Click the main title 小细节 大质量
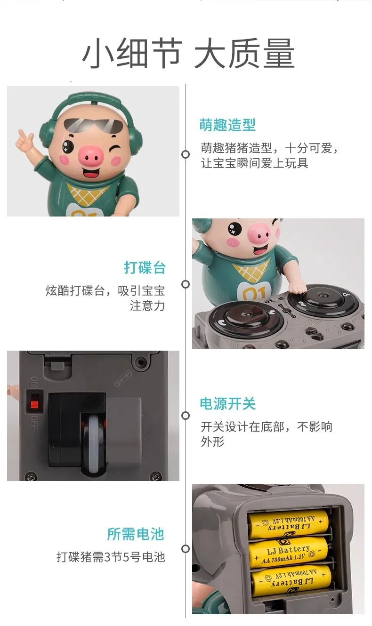pyautogui.click(x=188, y=53)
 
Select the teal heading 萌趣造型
pyautogui.click(x=227, y=125)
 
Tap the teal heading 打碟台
pyautogui.click(x=145, y=268)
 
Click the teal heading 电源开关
pyautogui.click(x=227, y=404)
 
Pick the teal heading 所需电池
pyautogui.click(x=135, y=534)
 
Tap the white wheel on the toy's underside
pyautogui.click(x=94, y=443)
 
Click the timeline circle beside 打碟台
pyautogui.click(x=186, y=284)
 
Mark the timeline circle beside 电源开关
pyautogui.click(x=186, y=416)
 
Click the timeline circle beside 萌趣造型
pyautogui.click(x=186, y=154)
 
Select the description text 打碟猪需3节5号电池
pyautogui.click(x=111, y=557)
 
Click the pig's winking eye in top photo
pyautogui.click(x=113, y=151)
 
